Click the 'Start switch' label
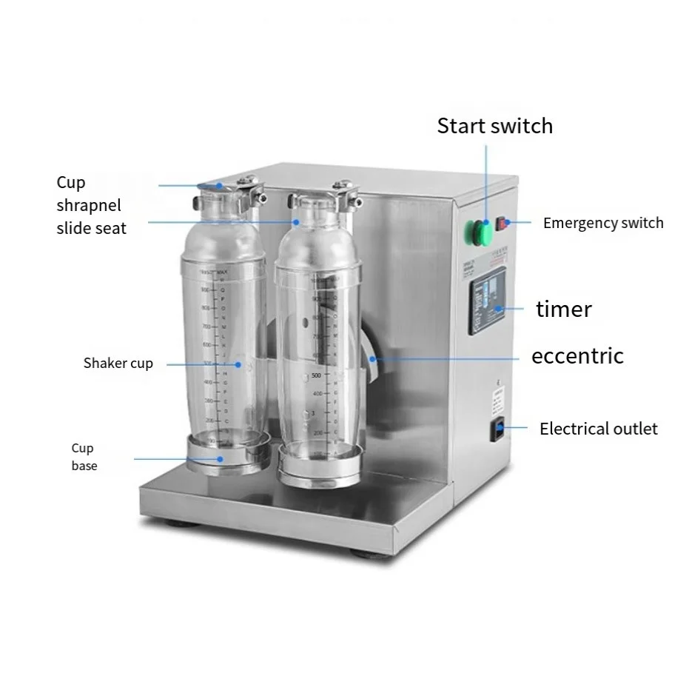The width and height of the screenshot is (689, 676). click(494, 126)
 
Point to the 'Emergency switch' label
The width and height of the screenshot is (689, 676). click(602, 223)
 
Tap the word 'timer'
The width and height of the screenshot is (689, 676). click(564, 309)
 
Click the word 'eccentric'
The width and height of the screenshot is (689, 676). click(577, 356)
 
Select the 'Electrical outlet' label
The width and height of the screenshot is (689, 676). click(598, 429)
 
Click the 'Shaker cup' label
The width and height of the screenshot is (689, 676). click(118, 364)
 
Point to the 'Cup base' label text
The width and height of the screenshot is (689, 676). click(84, 457)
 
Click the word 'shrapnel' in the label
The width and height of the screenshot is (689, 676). click(88, 205)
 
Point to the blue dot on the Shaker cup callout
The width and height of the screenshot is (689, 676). click(239, 364)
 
